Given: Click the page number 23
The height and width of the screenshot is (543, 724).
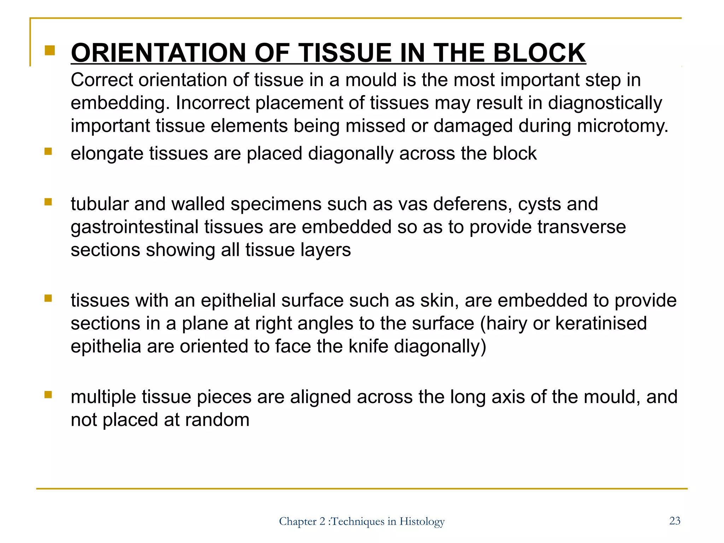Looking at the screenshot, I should click(675, 520).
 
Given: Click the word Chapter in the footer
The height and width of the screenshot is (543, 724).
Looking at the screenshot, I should click(298, 521).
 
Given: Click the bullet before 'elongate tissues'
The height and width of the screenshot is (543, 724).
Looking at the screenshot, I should click(48, 152).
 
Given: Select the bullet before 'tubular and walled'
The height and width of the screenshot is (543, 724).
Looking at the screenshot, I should click(48, 202).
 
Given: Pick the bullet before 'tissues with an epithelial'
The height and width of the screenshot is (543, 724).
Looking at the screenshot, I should click(48, 299).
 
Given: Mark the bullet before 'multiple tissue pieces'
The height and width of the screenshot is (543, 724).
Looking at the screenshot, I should click(48, 395).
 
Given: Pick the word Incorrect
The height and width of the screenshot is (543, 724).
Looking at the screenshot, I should click(212, 103).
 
